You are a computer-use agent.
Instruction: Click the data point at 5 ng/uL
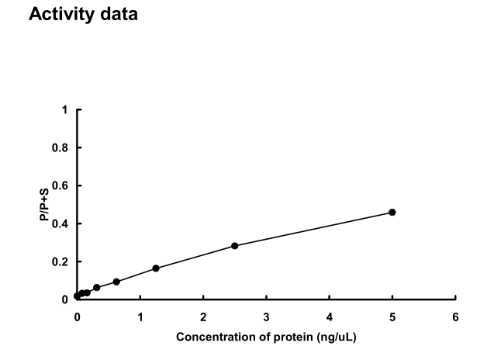point(392,212)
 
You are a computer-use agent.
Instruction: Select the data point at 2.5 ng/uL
point(234,246)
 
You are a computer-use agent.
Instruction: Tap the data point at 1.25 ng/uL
point(156,268)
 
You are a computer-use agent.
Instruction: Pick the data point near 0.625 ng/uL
point(116,282)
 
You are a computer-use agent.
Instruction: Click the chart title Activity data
point(83,15)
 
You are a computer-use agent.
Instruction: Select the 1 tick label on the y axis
point(65,110)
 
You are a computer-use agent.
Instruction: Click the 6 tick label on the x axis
point(455,317)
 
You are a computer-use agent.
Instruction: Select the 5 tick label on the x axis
point(392,317)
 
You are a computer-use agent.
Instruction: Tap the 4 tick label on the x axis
point(329,317)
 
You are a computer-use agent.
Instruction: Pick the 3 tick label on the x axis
point(266,317)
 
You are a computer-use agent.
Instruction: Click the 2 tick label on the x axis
point(203,317)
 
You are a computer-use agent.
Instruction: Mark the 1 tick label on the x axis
point(140,317)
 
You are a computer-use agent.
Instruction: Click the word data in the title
point(117,15)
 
